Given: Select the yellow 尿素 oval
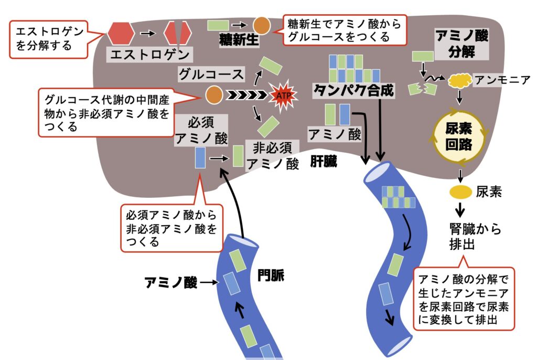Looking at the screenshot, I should [x=459, y=192].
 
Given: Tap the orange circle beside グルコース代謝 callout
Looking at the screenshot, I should [x=213, y=95].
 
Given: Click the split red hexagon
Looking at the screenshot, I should [x=177, y=33].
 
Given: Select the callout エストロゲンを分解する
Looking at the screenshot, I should [x=50, y=38].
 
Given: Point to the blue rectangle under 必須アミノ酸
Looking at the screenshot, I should [x=200, y=157].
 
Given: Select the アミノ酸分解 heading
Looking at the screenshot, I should [x=463, y=44].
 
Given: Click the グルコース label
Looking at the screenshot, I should [x=211, y=74].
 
